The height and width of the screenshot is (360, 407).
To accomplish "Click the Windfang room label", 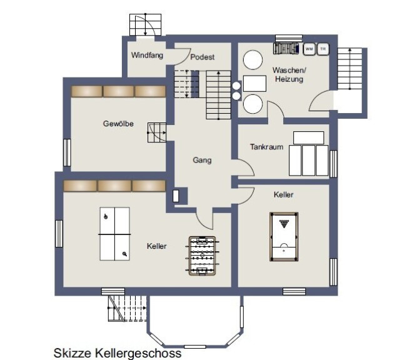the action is [147, 55].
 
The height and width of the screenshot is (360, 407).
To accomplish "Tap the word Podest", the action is [203, 57].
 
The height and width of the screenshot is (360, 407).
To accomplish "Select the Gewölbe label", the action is [118, 124].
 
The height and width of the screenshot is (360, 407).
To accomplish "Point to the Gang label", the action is [202, 160].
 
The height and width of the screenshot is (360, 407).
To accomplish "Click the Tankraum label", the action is [266, 147].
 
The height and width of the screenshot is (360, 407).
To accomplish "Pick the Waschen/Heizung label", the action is [289, 74].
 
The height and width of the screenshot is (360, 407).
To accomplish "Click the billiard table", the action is [284, 237].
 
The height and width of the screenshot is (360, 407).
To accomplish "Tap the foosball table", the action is [202, 256].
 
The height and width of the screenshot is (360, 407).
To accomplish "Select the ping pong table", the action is [115, 234].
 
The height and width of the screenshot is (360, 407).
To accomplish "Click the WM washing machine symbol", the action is [309, 49].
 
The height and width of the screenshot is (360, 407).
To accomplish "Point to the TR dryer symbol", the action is [323, 49].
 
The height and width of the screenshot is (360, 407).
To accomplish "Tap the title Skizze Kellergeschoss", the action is [118, 353].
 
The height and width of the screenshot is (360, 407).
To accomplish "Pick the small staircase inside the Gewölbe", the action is [157, 132].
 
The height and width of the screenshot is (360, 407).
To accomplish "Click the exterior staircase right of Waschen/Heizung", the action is [350, 69].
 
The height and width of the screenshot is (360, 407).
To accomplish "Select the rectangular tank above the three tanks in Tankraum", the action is [309, 138].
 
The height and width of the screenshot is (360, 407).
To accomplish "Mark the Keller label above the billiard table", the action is [283, 194].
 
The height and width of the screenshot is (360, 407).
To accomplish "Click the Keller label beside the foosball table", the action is [157, 246].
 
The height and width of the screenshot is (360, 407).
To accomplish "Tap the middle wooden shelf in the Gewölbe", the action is [118, 91].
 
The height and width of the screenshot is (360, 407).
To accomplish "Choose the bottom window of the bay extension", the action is [194, 347].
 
